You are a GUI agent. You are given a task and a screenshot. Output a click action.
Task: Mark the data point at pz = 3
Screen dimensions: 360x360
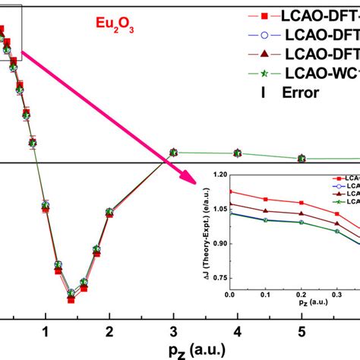click(x=174, y=153)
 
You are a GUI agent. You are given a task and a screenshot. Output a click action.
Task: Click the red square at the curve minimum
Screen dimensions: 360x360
click(x=71, y=278)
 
